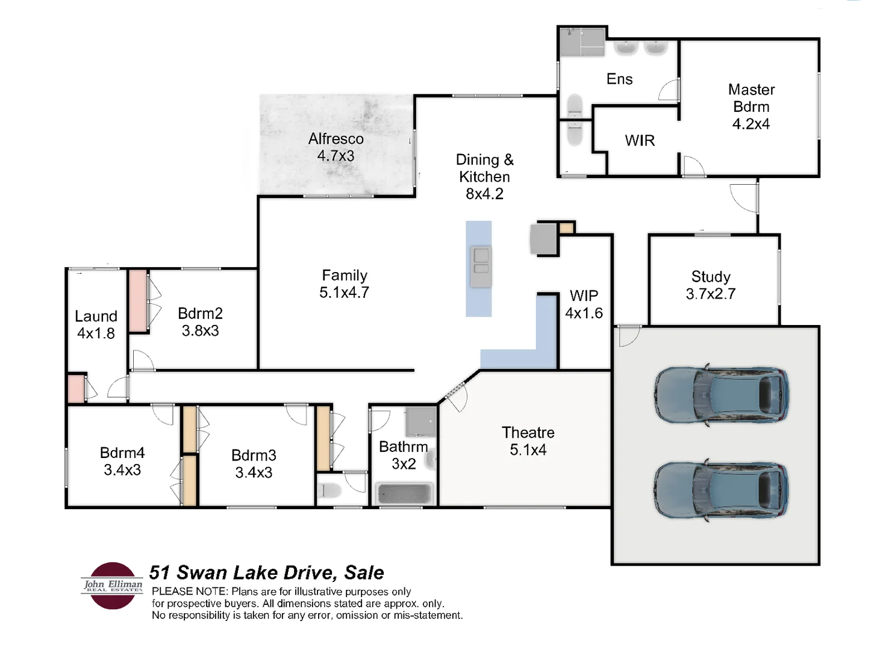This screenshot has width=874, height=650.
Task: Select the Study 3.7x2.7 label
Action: [x=711, y=285]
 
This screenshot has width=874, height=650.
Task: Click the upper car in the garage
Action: [x=722, y=395]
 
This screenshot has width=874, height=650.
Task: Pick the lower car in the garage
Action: [x=722, y=490]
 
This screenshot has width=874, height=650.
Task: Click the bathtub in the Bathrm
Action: [x=404, y=494]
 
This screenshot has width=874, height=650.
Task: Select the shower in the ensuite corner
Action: [x=581, y=42]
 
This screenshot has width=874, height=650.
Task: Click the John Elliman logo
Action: [x=113, y=585]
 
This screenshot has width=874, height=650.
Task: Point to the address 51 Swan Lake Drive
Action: [x=266, y=572]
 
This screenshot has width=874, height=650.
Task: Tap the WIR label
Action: [x=640, y=140]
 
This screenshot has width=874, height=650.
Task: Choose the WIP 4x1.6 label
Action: [x=584, y=304]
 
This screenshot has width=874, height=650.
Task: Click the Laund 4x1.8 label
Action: [x=96, y=324]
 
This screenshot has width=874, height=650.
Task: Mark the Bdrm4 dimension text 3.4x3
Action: [x=122, y=469]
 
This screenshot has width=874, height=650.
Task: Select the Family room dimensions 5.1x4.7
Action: [x=344, y=292]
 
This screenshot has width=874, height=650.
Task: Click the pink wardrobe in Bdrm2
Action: [x=138, y=300]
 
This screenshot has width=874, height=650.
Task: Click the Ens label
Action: [x=619, y=79]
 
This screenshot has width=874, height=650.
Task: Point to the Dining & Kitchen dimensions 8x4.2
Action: [x=484, y=194]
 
